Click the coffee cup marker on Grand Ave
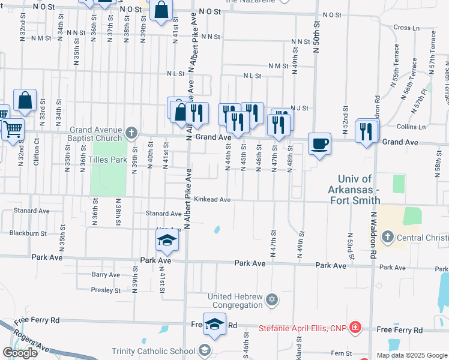pos(319,144)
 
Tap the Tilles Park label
pos(107,160)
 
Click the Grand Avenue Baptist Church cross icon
pos(132,132)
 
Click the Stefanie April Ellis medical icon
pos(355,327)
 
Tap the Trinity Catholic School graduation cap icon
pos(205,350)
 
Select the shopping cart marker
pos(13,128)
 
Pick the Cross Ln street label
pos(406,28)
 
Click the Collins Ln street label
pos(411,127)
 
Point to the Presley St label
pos(106,290)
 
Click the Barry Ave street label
pos(106,275)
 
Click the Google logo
pos(20,353)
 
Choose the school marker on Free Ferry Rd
pos(214,324)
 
